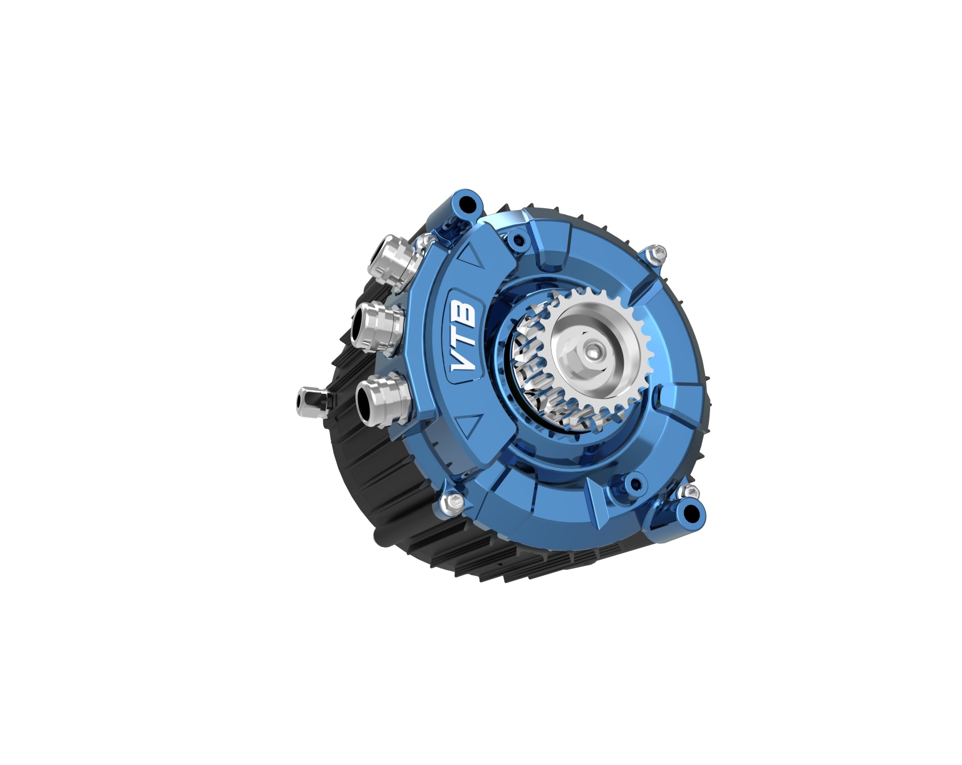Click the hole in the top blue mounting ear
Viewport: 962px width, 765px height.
tap(467, 203)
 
